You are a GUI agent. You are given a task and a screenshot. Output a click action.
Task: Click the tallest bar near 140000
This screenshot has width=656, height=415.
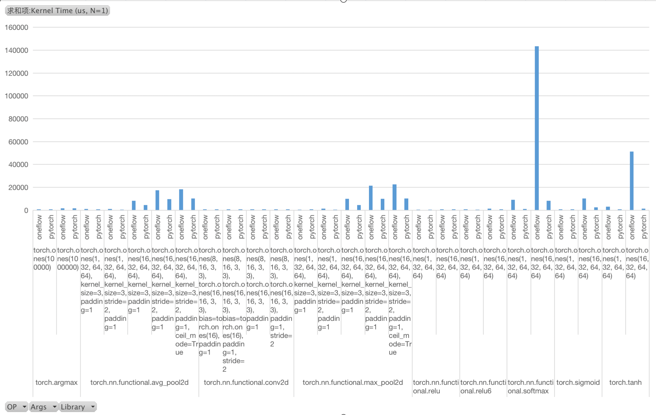pyautogui.click(x=536, y=128)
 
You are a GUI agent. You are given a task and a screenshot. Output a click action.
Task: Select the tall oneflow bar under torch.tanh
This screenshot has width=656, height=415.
pyautogui.click(x=631, y=180)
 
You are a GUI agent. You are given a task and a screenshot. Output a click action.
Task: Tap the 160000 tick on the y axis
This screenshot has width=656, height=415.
pyautogui.click(x=16, y=28)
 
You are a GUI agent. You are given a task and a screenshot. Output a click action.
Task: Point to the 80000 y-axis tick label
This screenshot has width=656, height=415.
pyautogui.click(x=18, y=119)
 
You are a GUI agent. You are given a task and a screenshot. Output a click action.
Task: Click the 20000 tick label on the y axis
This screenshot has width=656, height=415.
pyautogui.click(x=18, y=188)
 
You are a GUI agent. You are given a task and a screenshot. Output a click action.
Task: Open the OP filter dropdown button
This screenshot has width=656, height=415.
pyautogui.click(x=16, y=407)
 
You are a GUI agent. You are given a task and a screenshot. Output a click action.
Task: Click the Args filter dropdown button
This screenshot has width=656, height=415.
pyautogui.click(x=43, y=407)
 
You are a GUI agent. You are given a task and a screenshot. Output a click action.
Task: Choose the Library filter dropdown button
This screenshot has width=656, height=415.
pyautogui.click(x=78, y=407)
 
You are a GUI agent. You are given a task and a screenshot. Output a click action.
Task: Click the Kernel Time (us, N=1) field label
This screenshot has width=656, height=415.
pyautogui.click(x=58, y=10)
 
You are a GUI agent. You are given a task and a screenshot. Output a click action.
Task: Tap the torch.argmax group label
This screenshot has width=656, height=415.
pyautogui.click(x=56, y=382)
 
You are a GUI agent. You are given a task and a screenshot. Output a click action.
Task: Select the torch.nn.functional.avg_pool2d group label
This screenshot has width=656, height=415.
pyautogui.click(x=139, y=382)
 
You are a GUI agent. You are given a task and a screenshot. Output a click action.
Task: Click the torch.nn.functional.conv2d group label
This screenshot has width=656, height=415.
pyautogui.click(x=246, y=382)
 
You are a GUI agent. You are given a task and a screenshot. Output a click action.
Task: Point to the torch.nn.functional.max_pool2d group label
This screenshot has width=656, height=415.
pyautogui.click(x=353, y=382)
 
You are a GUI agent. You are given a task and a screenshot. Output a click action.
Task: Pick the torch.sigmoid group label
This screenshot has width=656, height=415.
pyautogui.click(x=578, y=382)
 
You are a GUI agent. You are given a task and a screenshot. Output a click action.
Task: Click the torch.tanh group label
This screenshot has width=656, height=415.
pyautogui.click(x=625, y=382)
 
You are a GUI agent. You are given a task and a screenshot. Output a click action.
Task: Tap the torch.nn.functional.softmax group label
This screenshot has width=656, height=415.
pyautogui.click(x=530, y=386)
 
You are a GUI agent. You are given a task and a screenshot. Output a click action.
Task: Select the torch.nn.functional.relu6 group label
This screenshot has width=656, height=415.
pyautogui.click(x=483, y=386)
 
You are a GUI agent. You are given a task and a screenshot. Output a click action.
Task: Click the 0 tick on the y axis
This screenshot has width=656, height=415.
pyautogui.click(x=26, y=210)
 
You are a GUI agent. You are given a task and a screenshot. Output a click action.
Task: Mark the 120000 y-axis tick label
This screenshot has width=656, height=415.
pyautogui.click(x=16, y=73)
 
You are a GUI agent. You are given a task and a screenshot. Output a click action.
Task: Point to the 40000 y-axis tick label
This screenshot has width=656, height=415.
pyautogui.click(x=18, y=165)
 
